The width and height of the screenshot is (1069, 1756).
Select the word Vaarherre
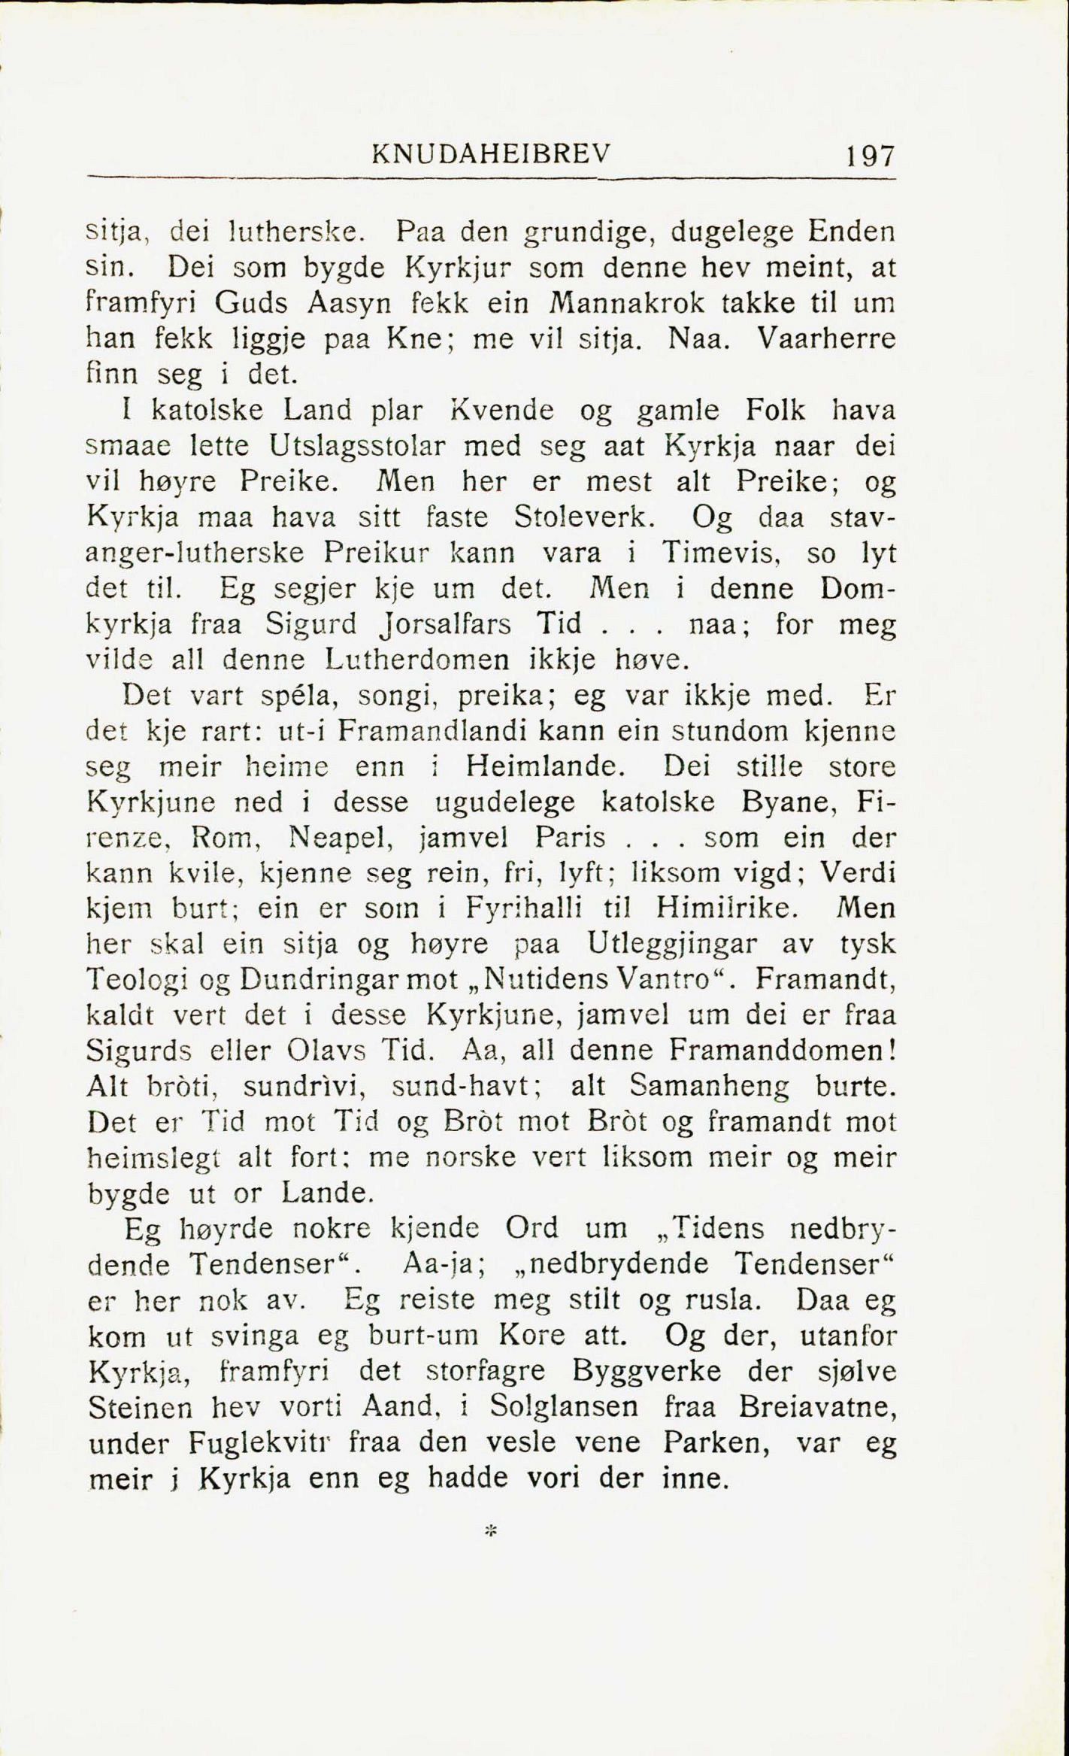click(825, 338)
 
